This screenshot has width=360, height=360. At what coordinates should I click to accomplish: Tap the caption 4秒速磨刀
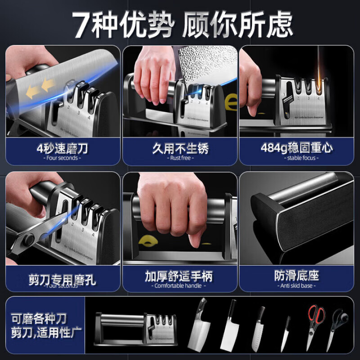click(x=63, y=148)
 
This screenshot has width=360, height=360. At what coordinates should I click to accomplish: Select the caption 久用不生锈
click(x=180, y=148)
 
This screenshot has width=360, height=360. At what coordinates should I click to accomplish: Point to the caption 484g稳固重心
click(x=297, y=148)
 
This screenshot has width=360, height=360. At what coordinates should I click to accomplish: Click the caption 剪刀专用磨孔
click(x=63, y=276)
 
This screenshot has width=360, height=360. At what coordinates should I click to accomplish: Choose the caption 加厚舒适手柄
click(x=180, y=276)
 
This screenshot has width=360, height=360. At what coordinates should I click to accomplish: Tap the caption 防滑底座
click(x=297, y=276)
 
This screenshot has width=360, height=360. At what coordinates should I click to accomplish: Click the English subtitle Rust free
click(x=180, y=158)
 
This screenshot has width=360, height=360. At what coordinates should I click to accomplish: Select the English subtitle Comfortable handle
click(x=180, y=286)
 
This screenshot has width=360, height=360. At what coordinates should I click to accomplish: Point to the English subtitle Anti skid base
click(x=297, y=285)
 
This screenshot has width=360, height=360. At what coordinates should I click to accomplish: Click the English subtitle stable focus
click(x=297, y=158)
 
